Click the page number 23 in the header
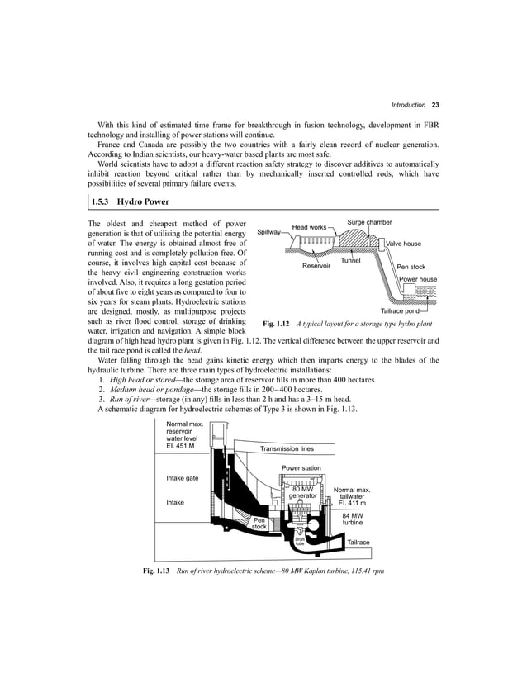pos(434,106)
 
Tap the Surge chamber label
pos(369,222)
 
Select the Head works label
pos(309,226)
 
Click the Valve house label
pos(404,244)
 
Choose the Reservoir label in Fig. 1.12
pos(316,267)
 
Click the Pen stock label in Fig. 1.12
pos(411,268)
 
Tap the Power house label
pos(418,280)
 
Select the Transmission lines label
pos(287,449)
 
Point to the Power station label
pos(301,468)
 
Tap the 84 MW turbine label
pos(353,519)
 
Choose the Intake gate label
pos(182,478)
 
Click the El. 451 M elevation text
pos(180,446)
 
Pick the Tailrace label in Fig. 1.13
pos(358,542)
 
